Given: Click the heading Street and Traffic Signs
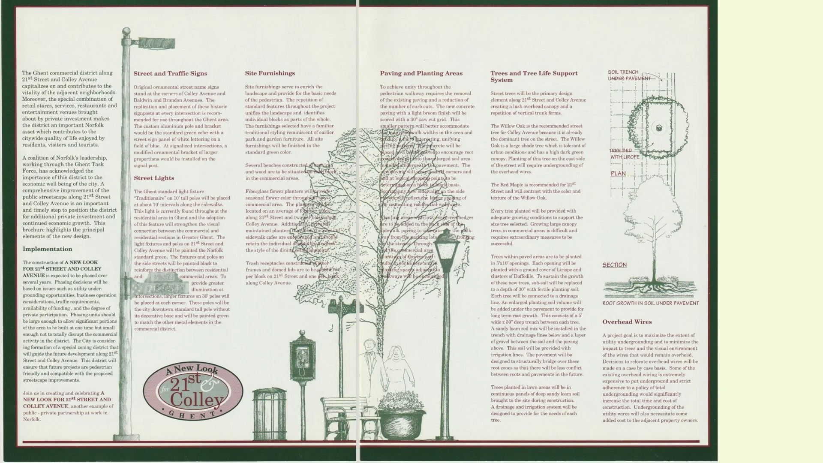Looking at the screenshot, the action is click(170, 74).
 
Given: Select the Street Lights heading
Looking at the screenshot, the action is click(154, 178).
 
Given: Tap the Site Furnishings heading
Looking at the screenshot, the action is click(270, 73).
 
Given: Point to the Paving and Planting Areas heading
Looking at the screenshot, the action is click(421, 73).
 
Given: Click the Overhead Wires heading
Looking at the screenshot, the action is click(627, 322).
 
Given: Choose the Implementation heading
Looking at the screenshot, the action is click(47, 249).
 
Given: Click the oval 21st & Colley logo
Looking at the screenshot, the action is click(193, 391).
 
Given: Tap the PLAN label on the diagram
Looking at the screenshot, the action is click(618, 174).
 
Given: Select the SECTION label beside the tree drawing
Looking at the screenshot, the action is click(614, 265).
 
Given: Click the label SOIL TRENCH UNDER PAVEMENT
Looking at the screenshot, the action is click(628, 75).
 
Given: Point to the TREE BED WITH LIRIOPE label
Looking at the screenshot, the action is click(624, 154).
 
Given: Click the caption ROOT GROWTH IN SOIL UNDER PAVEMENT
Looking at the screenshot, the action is click(650, 304).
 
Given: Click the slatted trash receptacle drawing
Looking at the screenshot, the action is click(269, 414).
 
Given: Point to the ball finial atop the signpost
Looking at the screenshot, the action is click(126, 31).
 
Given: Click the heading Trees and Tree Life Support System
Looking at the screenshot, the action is click(534, 76).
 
